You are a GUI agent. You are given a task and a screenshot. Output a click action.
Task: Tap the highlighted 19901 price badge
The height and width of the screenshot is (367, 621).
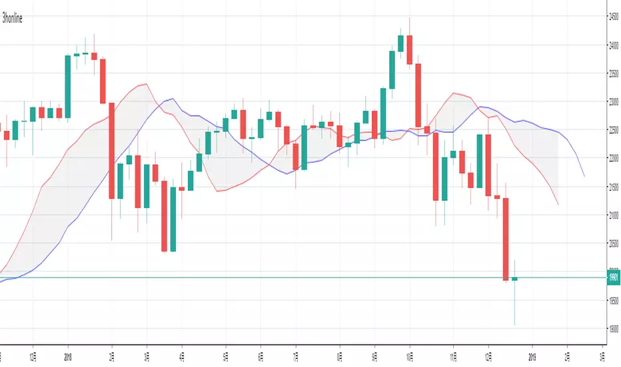[614, 278]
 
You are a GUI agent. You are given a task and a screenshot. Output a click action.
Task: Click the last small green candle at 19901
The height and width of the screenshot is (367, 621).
[515, 278]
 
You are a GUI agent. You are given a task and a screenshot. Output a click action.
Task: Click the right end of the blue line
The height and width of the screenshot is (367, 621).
[584, 176]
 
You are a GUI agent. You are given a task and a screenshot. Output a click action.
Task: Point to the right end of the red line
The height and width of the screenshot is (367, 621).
[558, 205]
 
